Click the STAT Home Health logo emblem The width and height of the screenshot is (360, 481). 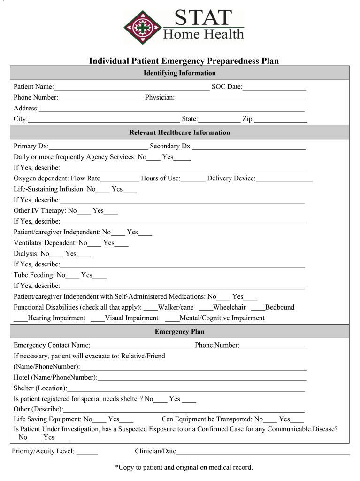coord(142,27)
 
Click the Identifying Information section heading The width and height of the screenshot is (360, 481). coord(179,73)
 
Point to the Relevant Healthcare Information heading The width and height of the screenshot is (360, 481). coord(179,132)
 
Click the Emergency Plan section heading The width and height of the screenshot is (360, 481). coord(179,332)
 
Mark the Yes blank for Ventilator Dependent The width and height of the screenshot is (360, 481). coord(122,244)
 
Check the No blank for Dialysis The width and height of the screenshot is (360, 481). coord(56,255)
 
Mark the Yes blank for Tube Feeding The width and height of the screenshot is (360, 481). coord(100,276)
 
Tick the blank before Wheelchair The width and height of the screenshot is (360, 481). coord(206,308)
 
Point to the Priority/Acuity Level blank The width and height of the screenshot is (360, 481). coord(87,452)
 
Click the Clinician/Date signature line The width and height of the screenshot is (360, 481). coord(263,452)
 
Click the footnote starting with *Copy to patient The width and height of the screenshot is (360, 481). coord(184,467)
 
